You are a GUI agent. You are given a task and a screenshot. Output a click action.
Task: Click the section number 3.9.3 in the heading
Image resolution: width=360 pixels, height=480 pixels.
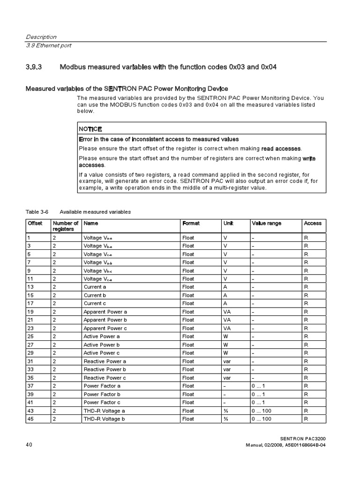tap(34, 67)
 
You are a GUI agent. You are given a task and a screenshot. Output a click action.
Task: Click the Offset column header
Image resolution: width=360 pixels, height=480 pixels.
tap(35, 224)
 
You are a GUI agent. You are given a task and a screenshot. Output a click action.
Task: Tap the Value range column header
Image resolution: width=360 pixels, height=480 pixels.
tap(266, 224)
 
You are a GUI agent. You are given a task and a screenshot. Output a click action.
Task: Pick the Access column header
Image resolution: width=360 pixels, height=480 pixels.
tap(313, 224)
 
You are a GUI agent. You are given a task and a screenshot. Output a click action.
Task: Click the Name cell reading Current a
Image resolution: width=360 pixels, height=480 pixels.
tap(95, 287)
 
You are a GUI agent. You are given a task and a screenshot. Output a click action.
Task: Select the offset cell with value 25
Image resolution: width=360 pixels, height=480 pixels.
tap(30, 337)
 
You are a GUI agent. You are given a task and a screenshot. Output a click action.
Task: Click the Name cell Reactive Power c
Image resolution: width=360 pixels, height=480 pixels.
tap(105, 378)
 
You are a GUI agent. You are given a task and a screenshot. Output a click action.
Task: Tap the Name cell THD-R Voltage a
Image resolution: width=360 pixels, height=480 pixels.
tap(104, 411)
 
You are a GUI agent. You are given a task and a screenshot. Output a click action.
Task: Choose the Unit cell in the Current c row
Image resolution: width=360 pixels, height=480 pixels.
tap(225, 303)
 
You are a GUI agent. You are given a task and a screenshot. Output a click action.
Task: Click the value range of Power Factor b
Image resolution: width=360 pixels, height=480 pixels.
tap(259, 394)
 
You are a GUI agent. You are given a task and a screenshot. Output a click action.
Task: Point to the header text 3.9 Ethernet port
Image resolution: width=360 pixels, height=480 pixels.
tap(48, 45)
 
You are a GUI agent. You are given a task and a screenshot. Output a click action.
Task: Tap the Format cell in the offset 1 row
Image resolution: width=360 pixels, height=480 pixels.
tap(188, 238)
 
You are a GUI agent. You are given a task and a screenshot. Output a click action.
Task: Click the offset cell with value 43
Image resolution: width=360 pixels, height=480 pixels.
tap(30, 411)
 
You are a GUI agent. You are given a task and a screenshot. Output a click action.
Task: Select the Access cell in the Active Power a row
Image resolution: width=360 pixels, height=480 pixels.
tap(306, 337)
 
